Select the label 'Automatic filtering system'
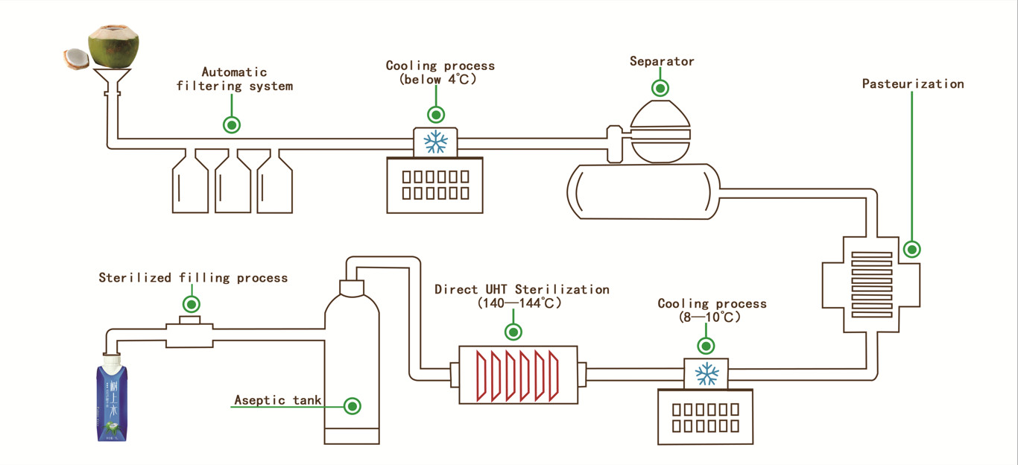[x=234, y=79]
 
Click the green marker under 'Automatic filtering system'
[x=233, y=124]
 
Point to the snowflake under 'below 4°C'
[x=435, y=142]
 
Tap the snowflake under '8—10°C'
[x=706, y=373]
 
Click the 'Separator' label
[x=662, y=61]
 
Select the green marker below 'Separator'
[x=660, y=89]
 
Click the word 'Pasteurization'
[x=913, y=83]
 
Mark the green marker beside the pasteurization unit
[x=911, y=249]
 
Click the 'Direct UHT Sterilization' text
[x=522, y=289]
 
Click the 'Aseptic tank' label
[x=278, y=400]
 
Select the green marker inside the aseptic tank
[x=352, y=406]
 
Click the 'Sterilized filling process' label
[x=193, y=278]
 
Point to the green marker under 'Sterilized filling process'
[x=192, y=303]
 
